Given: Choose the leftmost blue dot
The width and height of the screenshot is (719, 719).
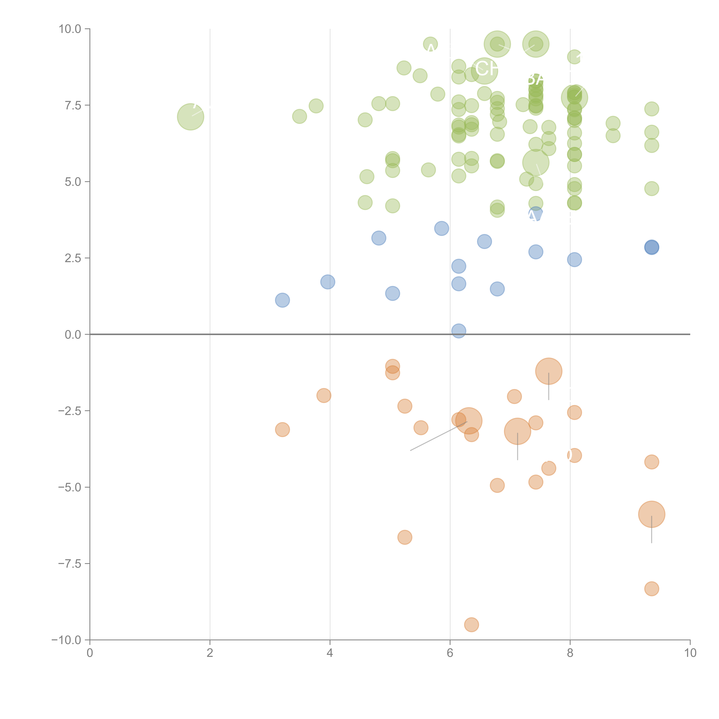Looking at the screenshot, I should click(x=282, y=300).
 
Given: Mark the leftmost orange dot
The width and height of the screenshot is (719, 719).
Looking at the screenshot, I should click(x=282, y=430).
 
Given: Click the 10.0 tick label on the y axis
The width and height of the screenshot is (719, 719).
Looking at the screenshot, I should click(x=70, y=29).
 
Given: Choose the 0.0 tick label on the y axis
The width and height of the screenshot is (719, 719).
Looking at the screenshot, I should click(x=73, y=335).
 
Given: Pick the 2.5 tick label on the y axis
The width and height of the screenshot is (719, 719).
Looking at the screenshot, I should click(x=73, y=258).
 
